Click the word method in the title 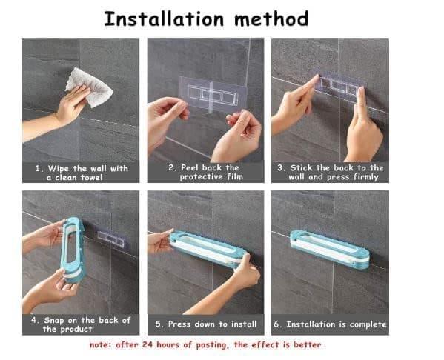271,19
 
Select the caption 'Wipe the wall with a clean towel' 81,173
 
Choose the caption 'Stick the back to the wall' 331,173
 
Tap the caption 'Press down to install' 206,324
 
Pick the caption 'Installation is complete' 331,324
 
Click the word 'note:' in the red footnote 103,345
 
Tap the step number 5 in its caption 158,324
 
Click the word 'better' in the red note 305,345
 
